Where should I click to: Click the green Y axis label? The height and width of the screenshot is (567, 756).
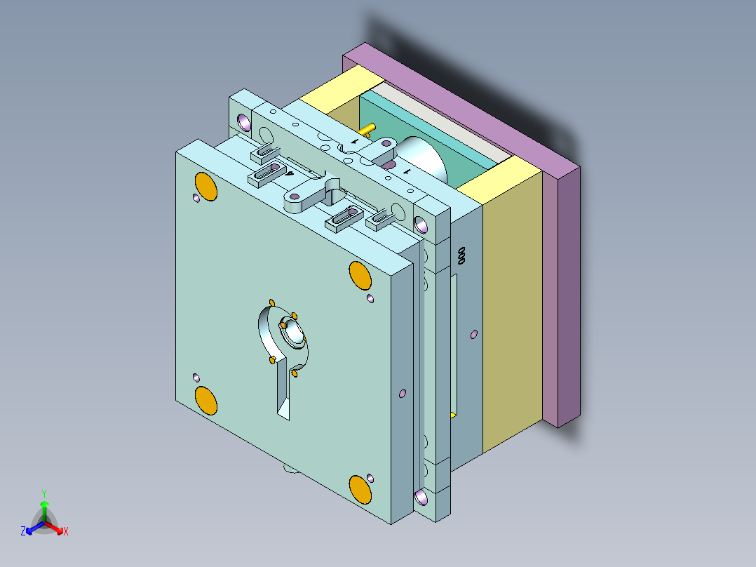[x=43, y=493]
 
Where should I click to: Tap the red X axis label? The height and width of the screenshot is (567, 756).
[x=65, y=532]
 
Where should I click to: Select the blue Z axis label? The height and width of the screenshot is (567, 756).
[x=23, y=532]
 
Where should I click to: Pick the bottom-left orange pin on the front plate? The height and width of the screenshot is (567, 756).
[x=206, y=401]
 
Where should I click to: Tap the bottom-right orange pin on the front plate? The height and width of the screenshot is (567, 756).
[x=360, y=488]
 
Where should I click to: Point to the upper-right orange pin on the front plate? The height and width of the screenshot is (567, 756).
[x=360, y=274]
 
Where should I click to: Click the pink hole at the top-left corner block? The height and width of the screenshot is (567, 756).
[x=245, y=123]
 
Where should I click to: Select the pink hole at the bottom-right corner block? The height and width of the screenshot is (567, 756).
[x=421, y=498]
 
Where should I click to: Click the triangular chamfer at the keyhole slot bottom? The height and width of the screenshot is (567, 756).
[x=285, y=409]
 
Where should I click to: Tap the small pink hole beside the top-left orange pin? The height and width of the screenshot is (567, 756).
[x=196, y=199]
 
